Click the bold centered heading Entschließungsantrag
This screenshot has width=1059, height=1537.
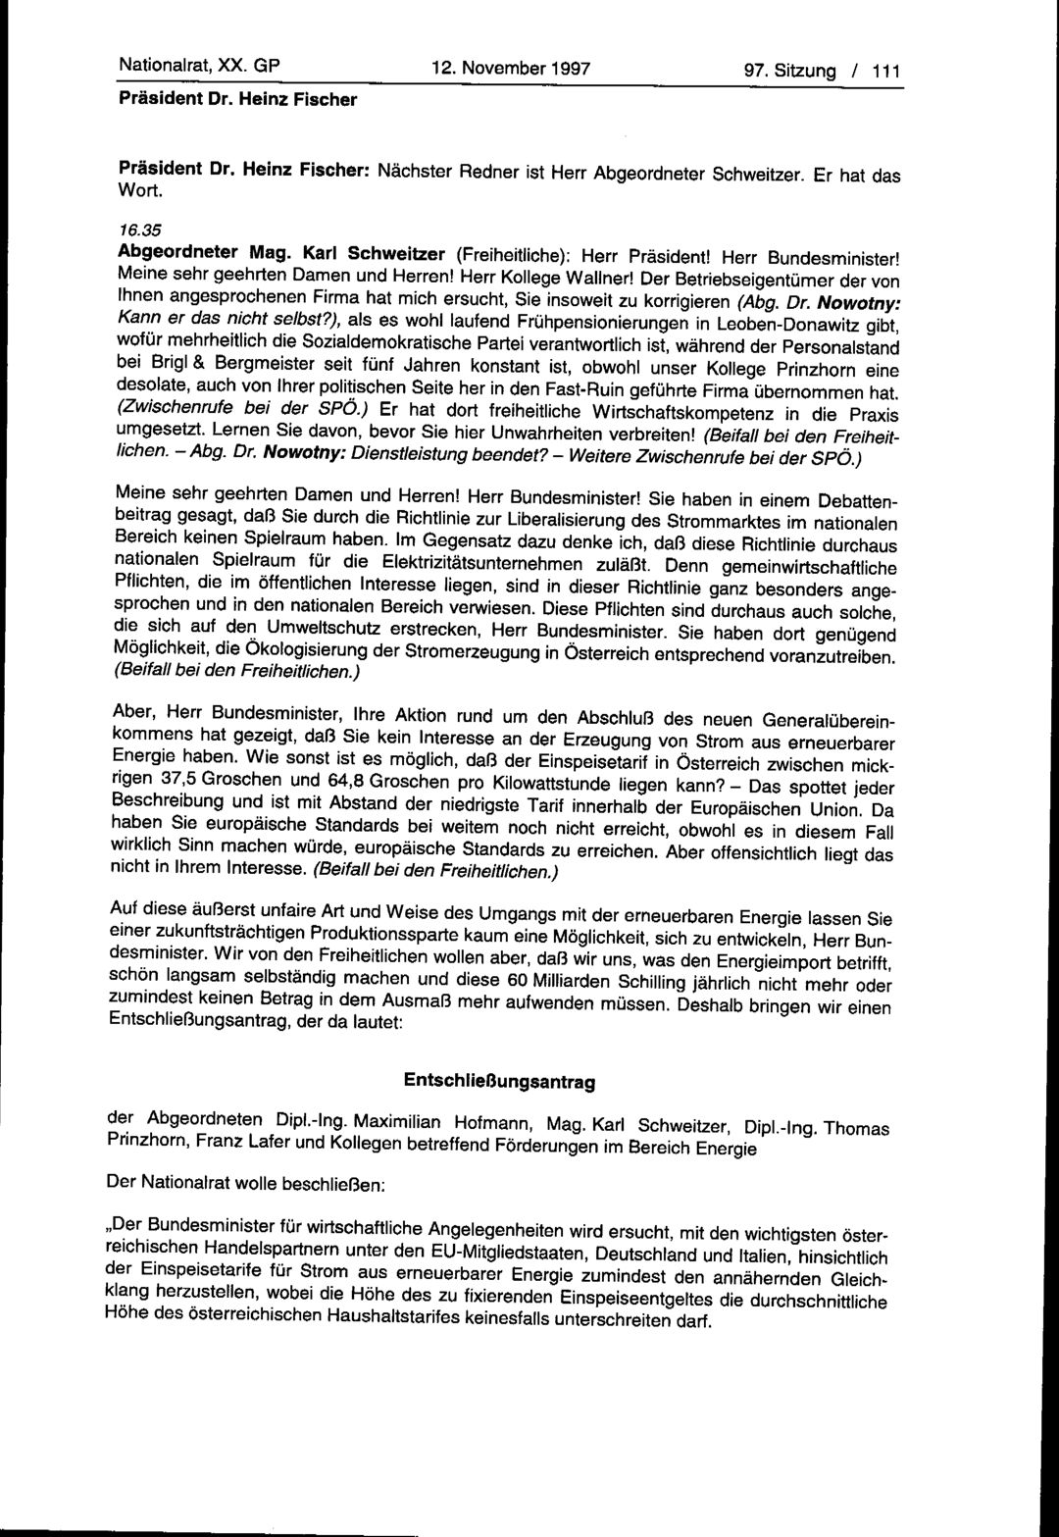click(x=500, y=1081)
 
